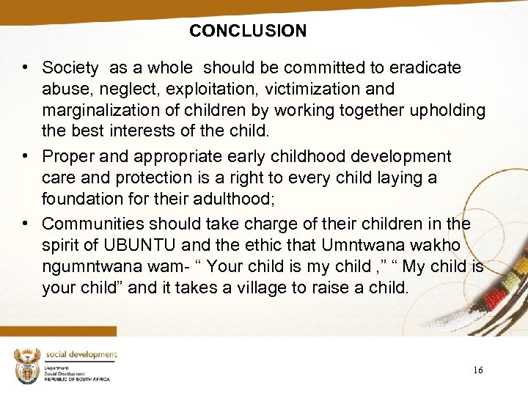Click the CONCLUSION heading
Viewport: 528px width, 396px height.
248,31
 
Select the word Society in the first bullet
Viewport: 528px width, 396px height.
70,68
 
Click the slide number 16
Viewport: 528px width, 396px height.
477,370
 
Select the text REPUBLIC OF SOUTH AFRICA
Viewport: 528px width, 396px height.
76,379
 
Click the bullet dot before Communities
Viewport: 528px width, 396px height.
26,223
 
